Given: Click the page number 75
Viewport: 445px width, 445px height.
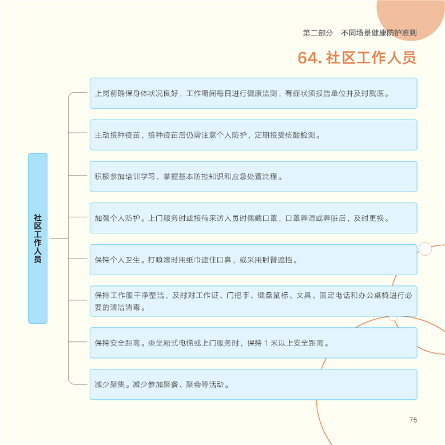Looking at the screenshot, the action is pyautogui.click(x=413, y=420).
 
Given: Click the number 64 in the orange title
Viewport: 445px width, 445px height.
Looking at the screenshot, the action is pyautogui.click(x=308, y=58).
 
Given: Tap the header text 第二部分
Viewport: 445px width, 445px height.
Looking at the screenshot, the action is pyautogui.click(x=317, y=33).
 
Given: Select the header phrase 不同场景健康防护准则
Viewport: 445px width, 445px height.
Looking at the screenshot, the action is pyautogui.click(x=379, y=33).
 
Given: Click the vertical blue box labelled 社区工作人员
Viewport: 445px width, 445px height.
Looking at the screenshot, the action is pyautogui.click(x=38, y=239).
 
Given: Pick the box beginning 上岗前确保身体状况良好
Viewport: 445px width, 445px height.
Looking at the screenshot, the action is pyautogui.click(x=253, y=93).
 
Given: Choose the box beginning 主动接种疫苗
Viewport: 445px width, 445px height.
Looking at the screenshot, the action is pyautogui.click(x=253, y=135).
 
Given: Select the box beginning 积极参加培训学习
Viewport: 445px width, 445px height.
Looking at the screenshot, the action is pyautogui.click(x=253, y=177).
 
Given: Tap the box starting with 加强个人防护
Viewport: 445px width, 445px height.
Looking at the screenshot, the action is pyautogui.click(x=253, y=218).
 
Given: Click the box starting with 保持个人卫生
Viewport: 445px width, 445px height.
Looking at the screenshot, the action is pyautogui.click(x=253, y=260).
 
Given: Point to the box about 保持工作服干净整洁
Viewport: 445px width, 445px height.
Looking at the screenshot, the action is pyautogui.click(x=253, y=301).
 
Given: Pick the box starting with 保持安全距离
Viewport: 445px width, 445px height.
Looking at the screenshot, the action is pyautogui.click(x=253, y=343).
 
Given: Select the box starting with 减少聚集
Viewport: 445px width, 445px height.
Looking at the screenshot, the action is pyautogui.click(x=253, y=384).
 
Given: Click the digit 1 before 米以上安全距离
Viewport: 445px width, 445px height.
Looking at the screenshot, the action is pyautogui.click(x=266, y=343).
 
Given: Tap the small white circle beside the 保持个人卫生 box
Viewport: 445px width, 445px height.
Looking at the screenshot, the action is pyautogui.click(x=425, y=249).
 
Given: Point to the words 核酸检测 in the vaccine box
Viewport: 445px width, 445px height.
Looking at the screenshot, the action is pyautogui.click(x=304, y=135).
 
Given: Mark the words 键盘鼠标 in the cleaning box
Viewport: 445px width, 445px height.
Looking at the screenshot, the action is pyautogui.click(x=273, y=296).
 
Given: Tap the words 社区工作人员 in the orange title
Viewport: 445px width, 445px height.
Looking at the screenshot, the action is pyautogui.click(x=371, y=58).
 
